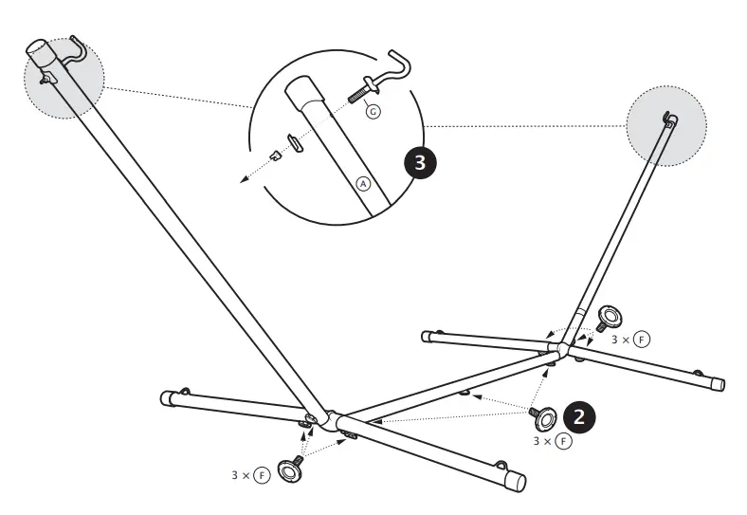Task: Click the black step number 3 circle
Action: coord(420,163)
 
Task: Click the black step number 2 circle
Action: coord(579,417)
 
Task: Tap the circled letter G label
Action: coord(373,112)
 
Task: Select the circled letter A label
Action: coord(363,184)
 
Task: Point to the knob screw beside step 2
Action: coord(543,417)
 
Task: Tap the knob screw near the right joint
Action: coord(608,318)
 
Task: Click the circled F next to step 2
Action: coord(564,441)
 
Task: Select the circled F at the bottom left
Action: coord(262,475)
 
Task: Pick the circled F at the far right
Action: coord(642,340)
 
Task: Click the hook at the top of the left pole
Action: coord(76,51)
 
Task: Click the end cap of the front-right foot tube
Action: coord(516,482)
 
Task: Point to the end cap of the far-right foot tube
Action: coord(717,383)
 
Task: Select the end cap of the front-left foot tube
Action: coord(166,397)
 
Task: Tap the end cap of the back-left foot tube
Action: coord(427,337)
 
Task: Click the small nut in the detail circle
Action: coord(274,155)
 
